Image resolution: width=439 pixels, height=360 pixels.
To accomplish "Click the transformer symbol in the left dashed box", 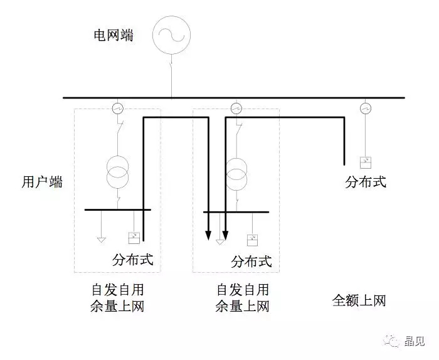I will coord(117,171).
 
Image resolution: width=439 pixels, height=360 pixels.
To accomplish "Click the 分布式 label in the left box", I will coord(133,258).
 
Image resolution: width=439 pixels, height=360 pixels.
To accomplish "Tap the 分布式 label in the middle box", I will coord(252,261).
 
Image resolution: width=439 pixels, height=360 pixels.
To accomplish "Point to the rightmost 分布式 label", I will coord(366,183).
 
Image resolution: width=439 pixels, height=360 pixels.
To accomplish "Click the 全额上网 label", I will coord(359,301).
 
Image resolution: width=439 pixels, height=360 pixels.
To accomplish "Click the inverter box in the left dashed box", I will coord(134,237).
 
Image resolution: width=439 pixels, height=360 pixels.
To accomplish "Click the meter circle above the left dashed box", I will coord(117,109).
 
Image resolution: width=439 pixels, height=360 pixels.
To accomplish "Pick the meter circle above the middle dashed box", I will coord(236,109).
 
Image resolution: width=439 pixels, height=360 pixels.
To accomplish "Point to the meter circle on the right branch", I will coord(366,109).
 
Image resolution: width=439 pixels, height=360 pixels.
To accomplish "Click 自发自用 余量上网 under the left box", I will coord(117,298).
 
